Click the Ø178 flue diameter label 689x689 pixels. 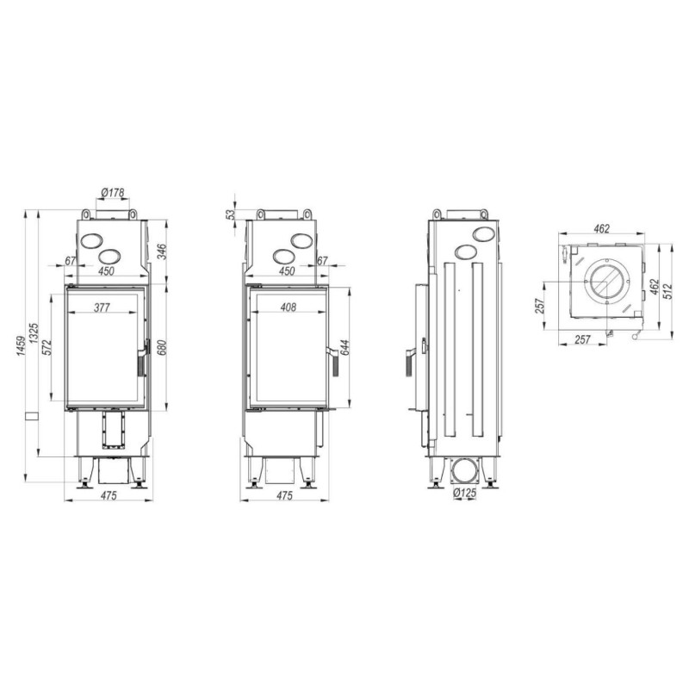coord(113,192)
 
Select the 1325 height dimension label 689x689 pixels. coord(34,333)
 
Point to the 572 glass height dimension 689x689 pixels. coord(47,347)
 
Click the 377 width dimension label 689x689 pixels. coord(102,307)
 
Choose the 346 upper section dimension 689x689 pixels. coord(162,251)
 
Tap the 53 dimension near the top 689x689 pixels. coord(230,214)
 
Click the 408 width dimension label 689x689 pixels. coord(289,307)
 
